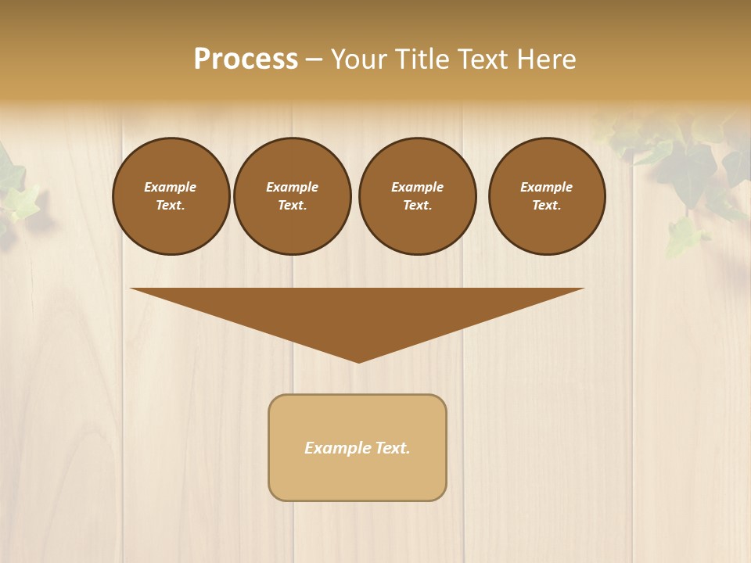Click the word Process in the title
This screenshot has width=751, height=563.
[x=246, y=59]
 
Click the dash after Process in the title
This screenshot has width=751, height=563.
[x=314, y=60]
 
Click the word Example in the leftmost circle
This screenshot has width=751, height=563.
[x=171, y=187]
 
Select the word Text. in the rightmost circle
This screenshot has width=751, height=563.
[x=547, y=205]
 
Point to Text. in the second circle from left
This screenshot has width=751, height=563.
[x=293, y=205]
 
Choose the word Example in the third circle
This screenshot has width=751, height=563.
[x=417, y=187]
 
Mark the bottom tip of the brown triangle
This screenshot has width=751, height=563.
[x=358, y=360]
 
